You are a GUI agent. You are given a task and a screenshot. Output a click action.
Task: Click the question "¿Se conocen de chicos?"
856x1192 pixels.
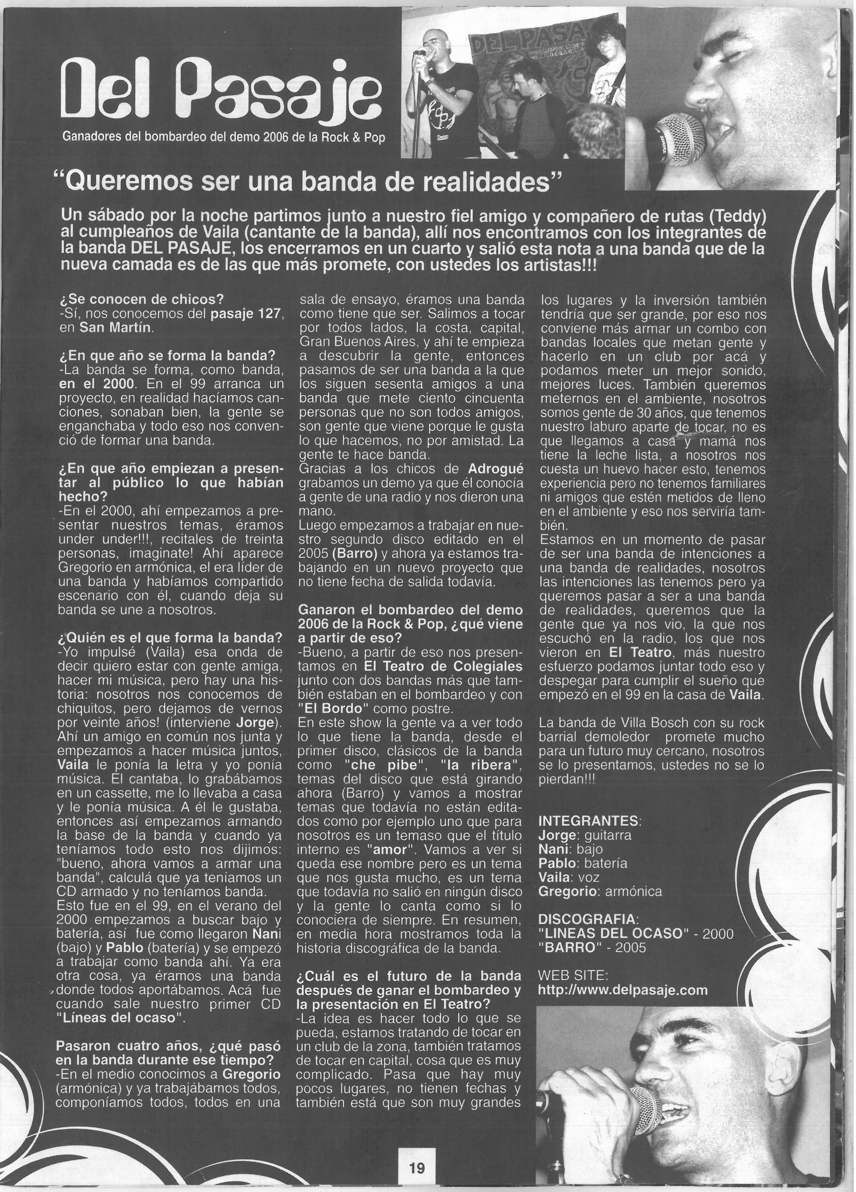pos(142,300)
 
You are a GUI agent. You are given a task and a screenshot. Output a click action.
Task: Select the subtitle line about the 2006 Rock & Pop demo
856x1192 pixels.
pos(223,138)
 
